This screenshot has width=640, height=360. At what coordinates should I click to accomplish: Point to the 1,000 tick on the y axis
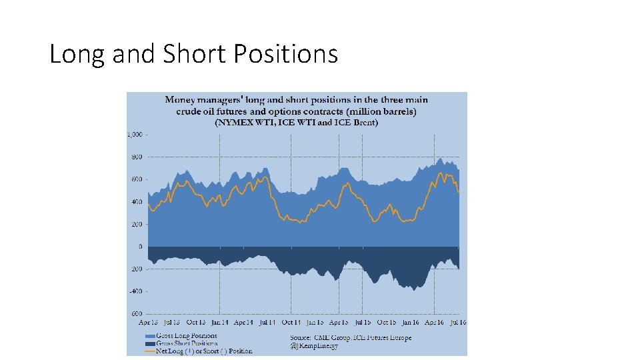tap(135, 135)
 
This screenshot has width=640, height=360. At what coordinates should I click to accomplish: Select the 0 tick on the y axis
tap(140, 247)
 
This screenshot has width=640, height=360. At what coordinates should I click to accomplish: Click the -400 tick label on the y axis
tap(136, 291)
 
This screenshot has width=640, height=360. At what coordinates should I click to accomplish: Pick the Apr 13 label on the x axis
tap(148, 321)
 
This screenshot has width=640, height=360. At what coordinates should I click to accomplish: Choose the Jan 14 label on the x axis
tap(219, 321)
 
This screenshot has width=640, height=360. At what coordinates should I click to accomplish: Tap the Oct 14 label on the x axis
tap(291, 321)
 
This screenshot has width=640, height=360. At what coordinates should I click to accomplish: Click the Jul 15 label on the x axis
tap(363, 321)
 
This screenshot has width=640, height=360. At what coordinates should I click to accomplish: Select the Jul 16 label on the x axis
tap(459, 321)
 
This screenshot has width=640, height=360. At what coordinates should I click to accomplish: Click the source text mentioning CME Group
tap(350, 337)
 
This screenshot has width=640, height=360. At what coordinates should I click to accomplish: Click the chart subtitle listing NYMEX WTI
tap(296, 123)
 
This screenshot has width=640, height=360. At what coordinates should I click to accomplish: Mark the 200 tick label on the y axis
tap(137, 225)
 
